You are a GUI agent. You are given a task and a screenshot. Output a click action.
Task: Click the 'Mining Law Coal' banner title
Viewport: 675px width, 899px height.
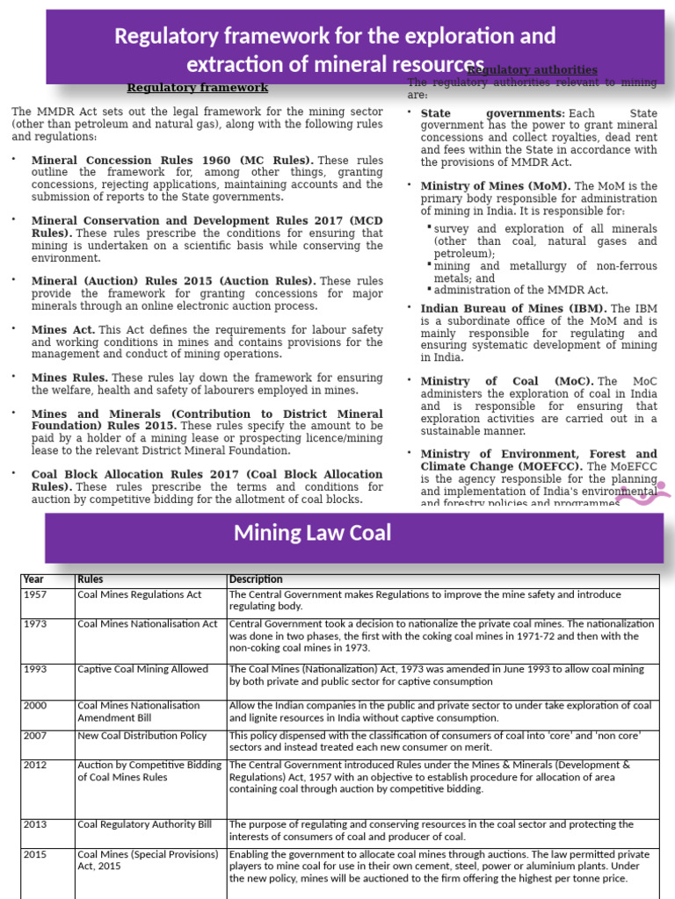(312, 533)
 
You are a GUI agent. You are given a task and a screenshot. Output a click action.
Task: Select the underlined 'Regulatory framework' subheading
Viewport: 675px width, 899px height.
(198, 88)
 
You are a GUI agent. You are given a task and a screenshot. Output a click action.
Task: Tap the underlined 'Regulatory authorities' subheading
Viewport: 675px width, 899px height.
(533, 70)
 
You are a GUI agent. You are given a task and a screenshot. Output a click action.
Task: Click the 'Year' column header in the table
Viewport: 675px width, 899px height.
(33, 579)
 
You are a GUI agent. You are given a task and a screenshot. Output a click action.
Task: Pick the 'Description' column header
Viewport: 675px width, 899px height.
(256, 579)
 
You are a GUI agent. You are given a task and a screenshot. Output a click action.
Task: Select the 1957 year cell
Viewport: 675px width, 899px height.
(36, 594)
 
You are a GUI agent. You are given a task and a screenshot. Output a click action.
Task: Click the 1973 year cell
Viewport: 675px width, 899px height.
(36, 623)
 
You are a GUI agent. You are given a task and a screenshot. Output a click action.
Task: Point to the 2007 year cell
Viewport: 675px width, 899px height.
(36, 735)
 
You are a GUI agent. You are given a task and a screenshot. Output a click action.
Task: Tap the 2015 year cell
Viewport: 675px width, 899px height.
(36, 853)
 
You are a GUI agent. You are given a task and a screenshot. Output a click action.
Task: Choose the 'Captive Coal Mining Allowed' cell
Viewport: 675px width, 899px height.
(142, 669)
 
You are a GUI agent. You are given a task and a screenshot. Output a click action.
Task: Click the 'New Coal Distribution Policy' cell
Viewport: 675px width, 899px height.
(142, 735)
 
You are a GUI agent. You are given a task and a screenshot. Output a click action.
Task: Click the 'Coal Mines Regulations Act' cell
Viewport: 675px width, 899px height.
(139, 594)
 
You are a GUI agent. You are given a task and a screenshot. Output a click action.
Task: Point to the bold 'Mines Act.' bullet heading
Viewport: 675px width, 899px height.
(63, 329)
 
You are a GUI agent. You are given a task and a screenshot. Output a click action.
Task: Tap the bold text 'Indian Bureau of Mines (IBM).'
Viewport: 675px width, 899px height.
(513, 309)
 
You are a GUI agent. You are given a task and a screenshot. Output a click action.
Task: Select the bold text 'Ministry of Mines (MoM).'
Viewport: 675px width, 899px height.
(496, 186)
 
